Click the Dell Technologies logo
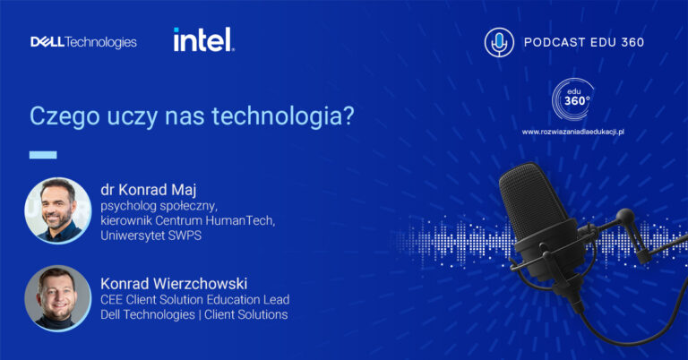click(83, 42)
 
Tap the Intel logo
click(203, 39)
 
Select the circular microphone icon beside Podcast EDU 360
click(499, 42)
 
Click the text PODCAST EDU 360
click(584, 42)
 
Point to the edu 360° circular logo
click(572, 99)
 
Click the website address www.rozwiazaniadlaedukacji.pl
click(572, 132)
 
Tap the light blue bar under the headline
click(43, 155)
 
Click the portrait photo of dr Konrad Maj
click(58, 210)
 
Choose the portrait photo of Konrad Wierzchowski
click(58, 298)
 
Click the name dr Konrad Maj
click(149, 190)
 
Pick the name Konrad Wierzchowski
click(174, 283)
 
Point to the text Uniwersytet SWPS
click(150, 236)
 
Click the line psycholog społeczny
click(159, 206)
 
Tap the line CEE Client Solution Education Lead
click(194, 299)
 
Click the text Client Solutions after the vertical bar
click(245, 314)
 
